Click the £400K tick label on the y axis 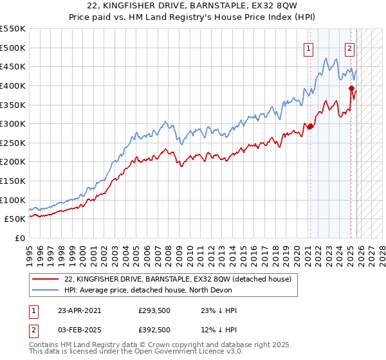click(x=14, y=85)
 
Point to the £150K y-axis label click(x=14, y=181)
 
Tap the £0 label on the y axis click(x=20, y=239)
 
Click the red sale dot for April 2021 click(x=310, y=126)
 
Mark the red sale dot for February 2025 click(x=351, y=89)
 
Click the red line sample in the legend click(x=46, y=279)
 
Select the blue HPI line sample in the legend click(x=46, y=290)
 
